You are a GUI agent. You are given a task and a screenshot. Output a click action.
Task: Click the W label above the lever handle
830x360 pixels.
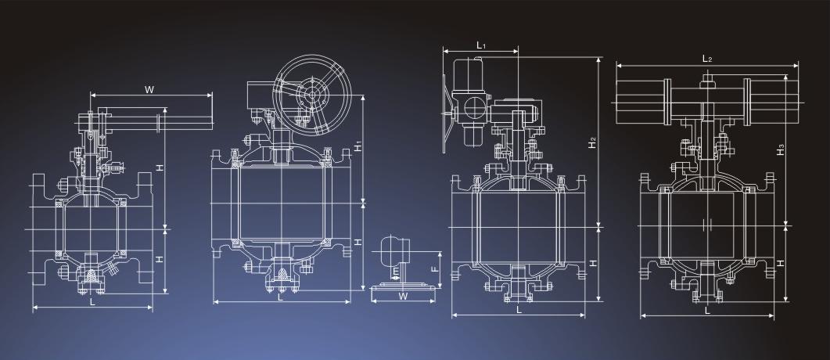[149, 89]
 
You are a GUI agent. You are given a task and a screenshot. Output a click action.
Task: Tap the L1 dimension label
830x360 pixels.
[480, 45]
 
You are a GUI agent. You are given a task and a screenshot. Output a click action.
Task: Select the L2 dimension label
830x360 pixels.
[706, 59]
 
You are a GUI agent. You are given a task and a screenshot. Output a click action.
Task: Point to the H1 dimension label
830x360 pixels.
[358, 146]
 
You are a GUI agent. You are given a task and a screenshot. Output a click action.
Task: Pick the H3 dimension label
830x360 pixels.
[780, 149]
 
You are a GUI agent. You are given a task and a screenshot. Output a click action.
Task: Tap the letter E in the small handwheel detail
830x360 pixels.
[396, 272]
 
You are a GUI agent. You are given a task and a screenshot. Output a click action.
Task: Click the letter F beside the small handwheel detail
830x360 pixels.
[435, 268]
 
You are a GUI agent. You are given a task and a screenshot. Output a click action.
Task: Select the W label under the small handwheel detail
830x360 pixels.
[404, 297]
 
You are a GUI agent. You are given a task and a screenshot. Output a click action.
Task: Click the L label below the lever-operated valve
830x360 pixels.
[92, 302]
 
